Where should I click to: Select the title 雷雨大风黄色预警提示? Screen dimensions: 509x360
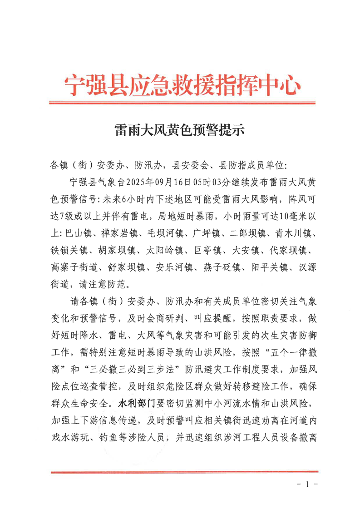(x=180, y=131)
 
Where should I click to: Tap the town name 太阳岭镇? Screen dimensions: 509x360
(x=164, y=251)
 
